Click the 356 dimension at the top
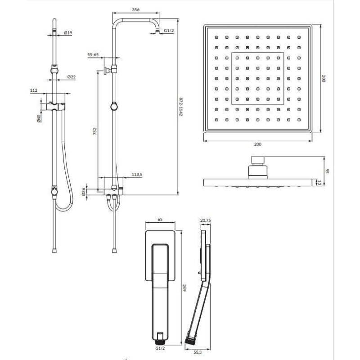(136, 9)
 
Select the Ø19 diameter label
(68, 33)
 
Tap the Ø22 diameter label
(72, 77)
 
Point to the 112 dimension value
(33, 90)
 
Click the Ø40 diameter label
(39, 118)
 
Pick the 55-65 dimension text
(93, 54)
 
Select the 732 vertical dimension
(94, 131)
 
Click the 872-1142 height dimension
(181, 107)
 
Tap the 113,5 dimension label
(137, 175)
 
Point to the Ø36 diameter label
(83, 192)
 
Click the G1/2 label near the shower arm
(169, 31)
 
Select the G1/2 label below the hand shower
(160, 348)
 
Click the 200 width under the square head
(257, 144)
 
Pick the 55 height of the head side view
(327, 171)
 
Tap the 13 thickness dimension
(319, 183)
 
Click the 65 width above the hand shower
(160, 219)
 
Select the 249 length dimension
(184, 288)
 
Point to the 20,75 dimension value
(206, 220)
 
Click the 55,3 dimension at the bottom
(198, 352)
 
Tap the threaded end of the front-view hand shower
(160, 342)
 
